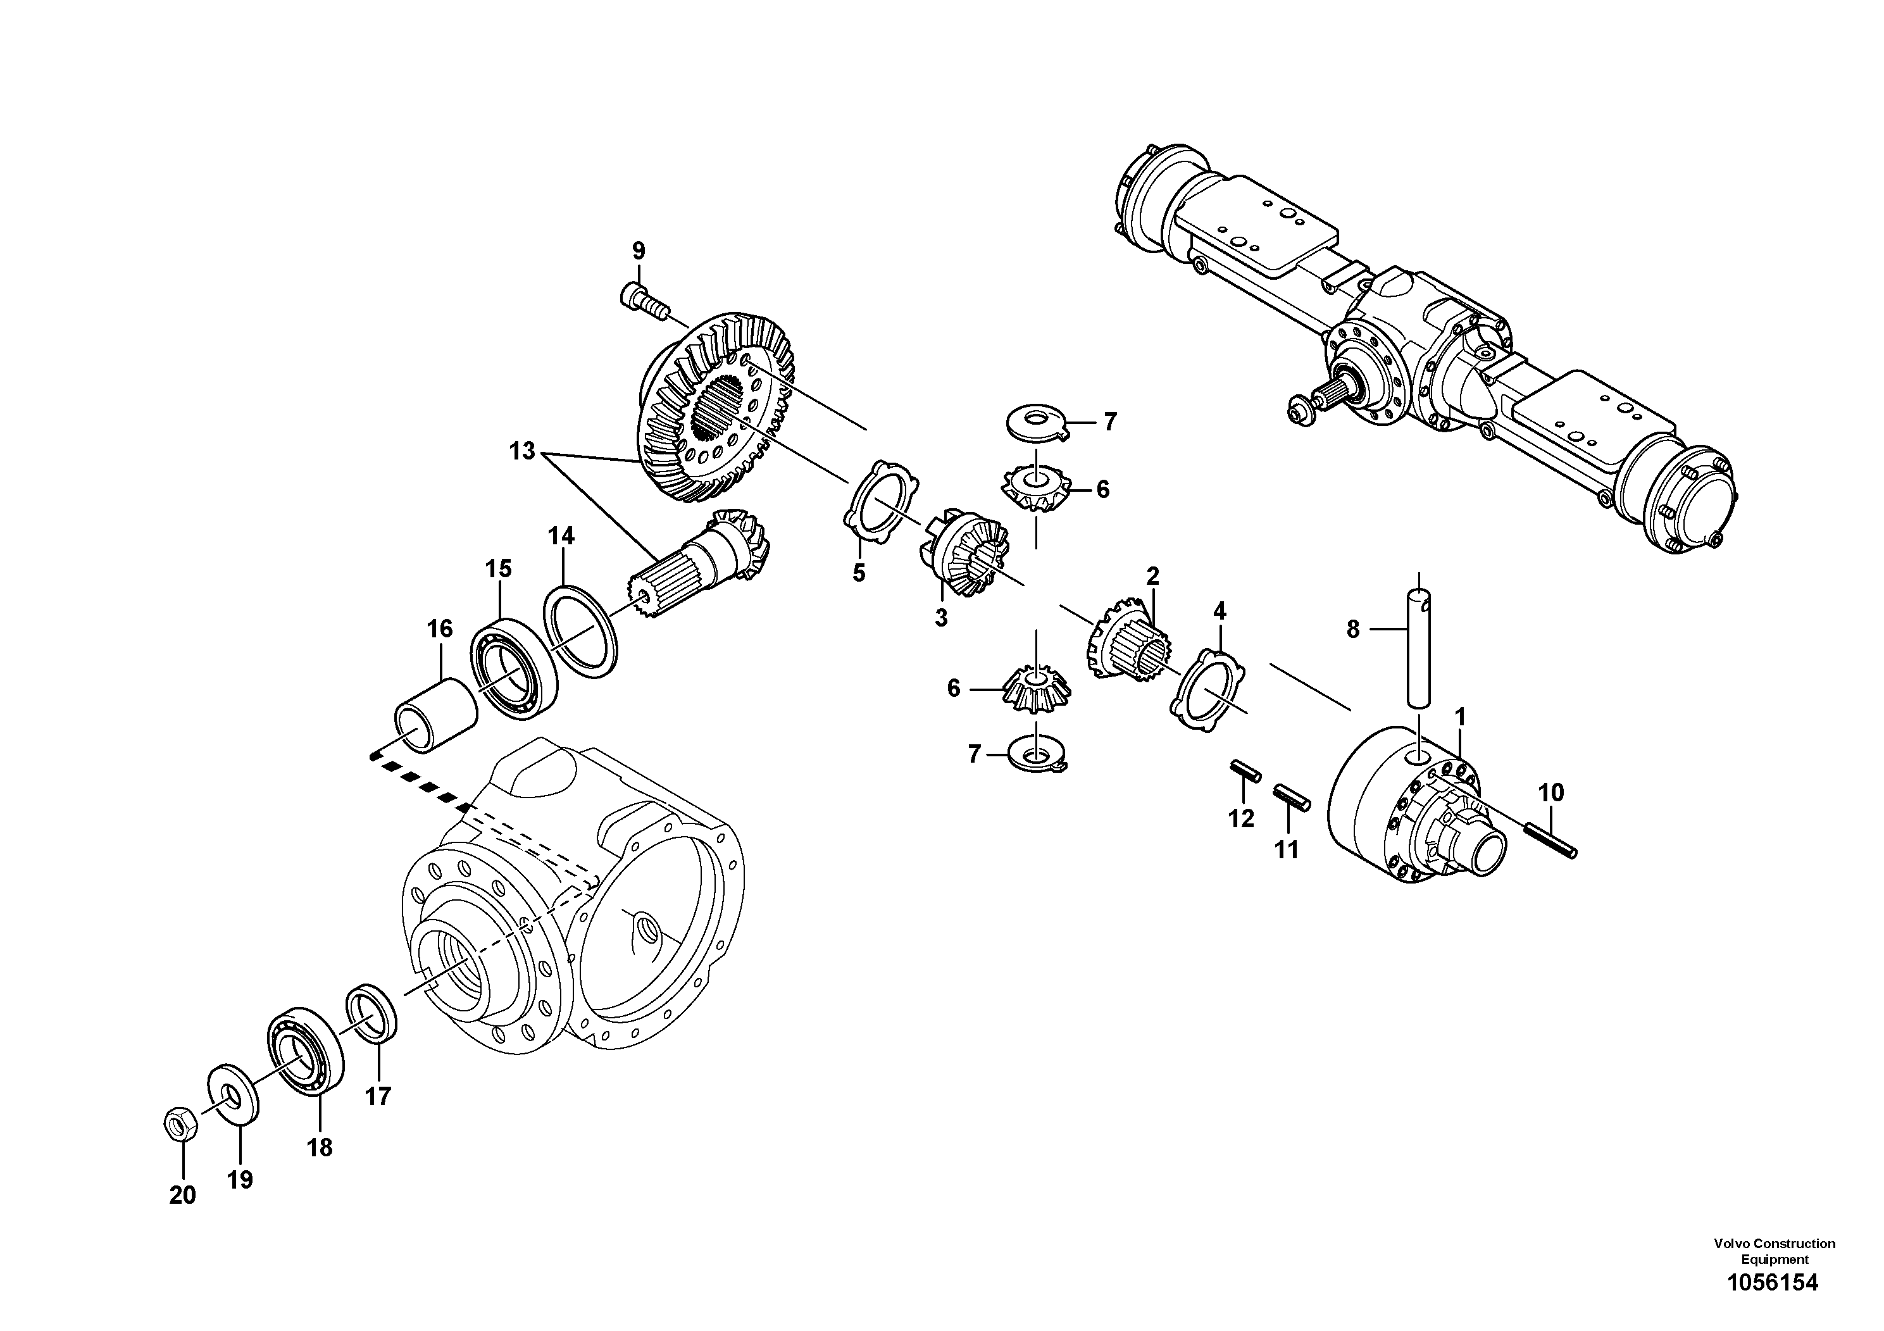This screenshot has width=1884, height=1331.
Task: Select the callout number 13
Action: (522, 451)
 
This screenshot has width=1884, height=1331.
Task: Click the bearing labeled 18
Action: (306, 1051)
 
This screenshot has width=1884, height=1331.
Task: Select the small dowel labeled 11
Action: (1292, 797)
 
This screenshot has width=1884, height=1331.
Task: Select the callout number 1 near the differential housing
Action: (1460, 718)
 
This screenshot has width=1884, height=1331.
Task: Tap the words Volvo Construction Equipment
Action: (1774, 1251)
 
